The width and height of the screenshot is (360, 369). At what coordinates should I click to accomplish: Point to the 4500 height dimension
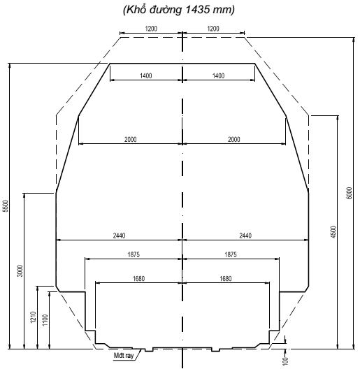click(333, 231)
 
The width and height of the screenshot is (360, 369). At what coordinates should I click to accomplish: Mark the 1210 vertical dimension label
click(33, 317)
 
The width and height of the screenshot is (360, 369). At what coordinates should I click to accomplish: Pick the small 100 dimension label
click(285, 360)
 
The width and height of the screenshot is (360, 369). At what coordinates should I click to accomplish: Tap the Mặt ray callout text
click(125, 355)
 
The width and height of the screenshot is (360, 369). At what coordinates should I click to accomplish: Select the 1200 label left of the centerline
click(151, 29)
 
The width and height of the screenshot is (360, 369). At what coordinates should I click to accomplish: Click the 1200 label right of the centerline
click(214, 29)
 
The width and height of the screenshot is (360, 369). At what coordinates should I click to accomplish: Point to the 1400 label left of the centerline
click(145, 75)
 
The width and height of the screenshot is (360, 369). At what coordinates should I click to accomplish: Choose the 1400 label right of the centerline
click(218, 75)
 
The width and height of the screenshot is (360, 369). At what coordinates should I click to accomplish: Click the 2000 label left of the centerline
click(130, 140)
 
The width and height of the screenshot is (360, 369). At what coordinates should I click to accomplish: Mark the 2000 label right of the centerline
click(233, 140)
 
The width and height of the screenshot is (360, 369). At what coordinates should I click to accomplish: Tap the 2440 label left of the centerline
click(118, 236)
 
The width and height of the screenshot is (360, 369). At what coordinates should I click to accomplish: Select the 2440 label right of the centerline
click(245, 236)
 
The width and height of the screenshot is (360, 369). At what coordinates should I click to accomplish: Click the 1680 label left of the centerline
click(137, 279)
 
